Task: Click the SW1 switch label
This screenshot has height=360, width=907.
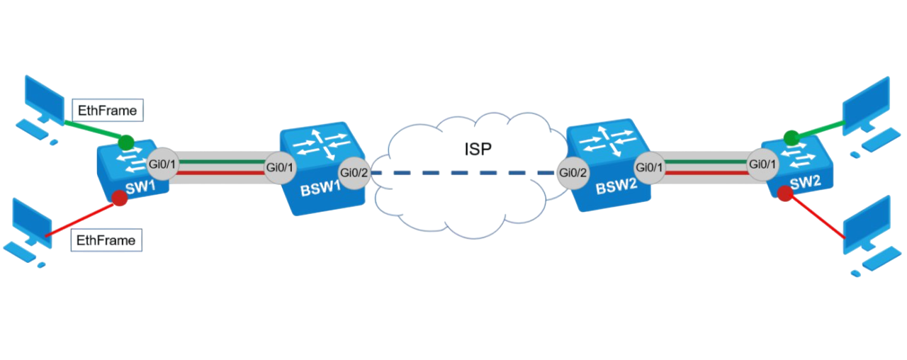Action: (x=140, y=188)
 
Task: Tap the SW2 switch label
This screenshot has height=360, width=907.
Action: (x=806, y=183)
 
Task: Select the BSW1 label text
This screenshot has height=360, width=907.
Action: (x=320, y=189)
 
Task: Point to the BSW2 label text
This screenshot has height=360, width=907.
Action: (x=616, y=186)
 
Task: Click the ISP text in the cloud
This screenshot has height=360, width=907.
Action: (x=478, y=150)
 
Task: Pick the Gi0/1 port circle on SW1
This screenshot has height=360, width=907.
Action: (x=162, y=164)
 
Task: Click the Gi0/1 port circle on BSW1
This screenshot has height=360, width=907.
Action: (x=279, y=167)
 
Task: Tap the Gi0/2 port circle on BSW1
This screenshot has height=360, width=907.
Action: (x=354, y=173)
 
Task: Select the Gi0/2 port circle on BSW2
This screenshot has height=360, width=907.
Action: (x=573, y=173)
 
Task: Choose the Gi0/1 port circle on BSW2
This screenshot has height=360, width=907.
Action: (x=650, y=167)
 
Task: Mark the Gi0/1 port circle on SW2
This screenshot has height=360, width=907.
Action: (x=763, y=164)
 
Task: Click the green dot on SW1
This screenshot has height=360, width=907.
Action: (x=126, y=142)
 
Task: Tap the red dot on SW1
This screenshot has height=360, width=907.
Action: (x=120, y=198)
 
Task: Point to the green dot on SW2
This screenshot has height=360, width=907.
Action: (x=791, y=138)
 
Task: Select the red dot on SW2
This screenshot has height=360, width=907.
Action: (x=785, y=193)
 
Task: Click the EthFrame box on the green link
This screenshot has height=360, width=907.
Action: (x=108, y=110)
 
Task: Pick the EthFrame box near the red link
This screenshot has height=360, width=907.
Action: (x=106, y=240)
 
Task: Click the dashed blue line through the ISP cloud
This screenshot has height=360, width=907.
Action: (x=463, y=173)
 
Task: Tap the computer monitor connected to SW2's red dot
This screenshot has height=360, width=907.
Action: (x=867, y=225)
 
